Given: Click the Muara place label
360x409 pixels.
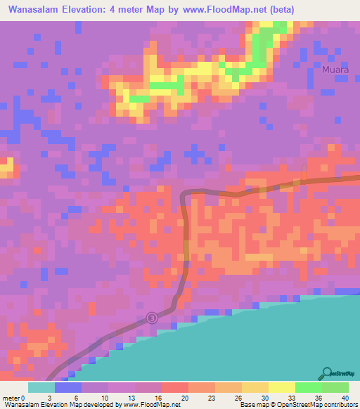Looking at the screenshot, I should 335,70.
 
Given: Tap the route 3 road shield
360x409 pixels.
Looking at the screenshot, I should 152,318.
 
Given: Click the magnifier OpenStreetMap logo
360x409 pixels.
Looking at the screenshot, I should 328,373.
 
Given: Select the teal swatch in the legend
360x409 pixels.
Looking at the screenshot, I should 41,387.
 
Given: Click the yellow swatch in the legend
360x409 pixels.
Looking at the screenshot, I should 281,387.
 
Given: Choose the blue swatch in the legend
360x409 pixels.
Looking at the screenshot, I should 67,387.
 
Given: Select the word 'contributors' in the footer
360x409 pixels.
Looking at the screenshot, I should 339,405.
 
